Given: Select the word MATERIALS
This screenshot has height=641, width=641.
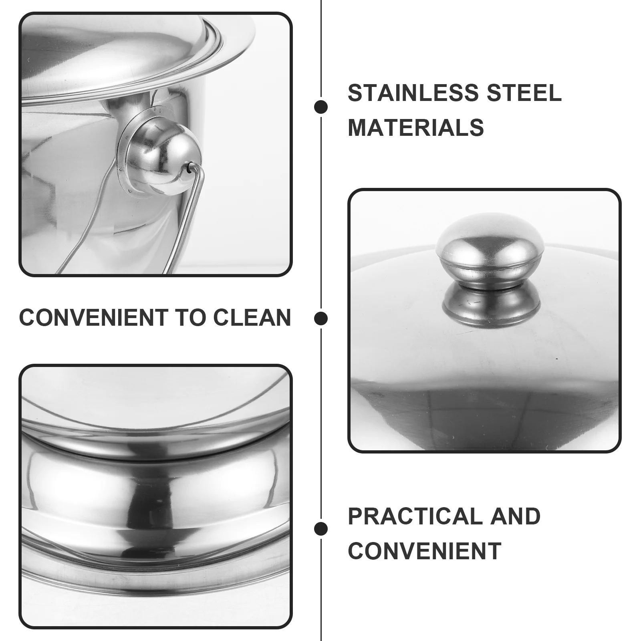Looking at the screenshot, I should (416, 127).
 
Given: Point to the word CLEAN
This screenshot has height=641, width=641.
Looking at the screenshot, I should (252, 318).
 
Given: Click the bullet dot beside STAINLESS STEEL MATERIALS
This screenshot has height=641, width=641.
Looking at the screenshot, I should (321, 107).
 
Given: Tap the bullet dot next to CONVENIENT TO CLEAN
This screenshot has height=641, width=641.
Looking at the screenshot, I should (321, 318).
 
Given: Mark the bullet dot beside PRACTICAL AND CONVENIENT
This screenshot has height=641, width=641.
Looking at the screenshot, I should (321, 529).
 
